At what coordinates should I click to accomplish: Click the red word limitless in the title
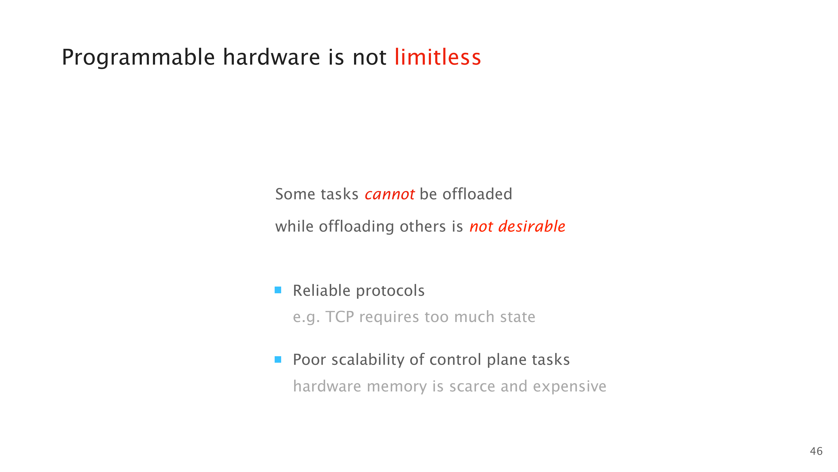pos(438,57)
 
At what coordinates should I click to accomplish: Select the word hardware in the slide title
pos(271,57)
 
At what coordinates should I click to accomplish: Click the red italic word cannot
pos(390,194)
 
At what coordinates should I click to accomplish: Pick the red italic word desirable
pos(532,226)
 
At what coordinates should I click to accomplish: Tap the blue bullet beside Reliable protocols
pos(278,290)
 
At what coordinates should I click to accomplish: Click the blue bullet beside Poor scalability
pos(278,359)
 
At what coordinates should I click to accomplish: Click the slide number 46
pos(816,451)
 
